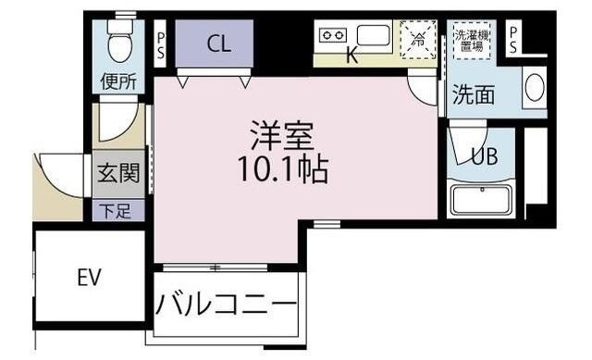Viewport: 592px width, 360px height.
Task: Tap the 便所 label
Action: [x=119, y=81]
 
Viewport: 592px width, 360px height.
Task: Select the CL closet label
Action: [x=218, y=43]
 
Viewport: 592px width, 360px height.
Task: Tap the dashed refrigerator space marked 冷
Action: [x=417, y=39]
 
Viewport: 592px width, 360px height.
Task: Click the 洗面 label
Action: [x=473, y=93]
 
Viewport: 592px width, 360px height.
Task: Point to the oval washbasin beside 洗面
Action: [x=535, y=88]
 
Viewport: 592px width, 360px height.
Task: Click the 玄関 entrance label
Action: [x=117, y=173]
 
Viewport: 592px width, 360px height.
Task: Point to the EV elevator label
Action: [x=89, y=276]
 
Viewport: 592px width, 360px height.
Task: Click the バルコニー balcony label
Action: [x=228, y=304]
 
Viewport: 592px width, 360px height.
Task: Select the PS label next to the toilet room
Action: [x=160, y=43]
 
